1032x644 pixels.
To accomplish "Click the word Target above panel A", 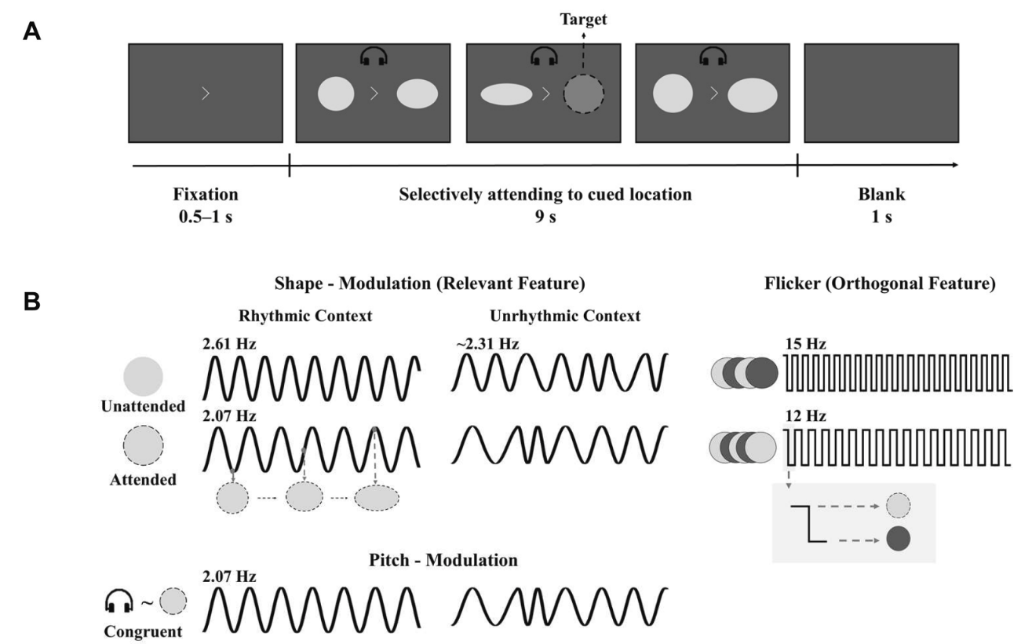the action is click(583, 20).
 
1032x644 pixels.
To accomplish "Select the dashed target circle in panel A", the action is click(583, 94).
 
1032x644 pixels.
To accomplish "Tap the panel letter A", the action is click(32, 32).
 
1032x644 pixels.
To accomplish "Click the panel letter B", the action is click(32, 302).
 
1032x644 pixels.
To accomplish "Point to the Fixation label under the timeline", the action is click(206, 195).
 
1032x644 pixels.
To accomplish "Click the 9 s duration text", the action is click(545, 217).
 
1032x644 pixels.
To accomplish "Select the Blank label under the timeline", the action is click(881, 195).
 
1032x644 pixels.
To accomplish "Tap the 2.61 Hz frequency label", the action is click(229, 344).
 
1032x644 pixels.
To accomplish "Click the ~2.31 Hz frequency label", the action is click(488, 344).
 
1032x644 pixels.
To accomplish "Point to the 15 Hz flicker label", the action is click(806, 344).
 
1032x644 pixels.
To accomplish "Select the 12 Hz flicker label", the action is click(806, 415).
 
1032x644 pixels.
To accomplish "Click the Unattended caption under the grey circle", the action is click(144, 406).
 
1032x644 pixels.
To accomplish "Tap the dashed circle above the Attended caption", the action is click(144, 445).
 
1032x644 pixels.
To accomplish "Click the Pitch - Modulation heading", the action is click(443, 560).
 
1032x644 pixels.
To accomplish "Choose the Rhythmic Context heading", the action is click(305, 317).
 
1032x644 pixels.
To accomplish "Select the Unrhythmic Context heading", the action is click(565, 317).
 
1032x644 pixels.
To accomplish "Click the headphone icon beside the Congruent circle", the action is click(119, 601).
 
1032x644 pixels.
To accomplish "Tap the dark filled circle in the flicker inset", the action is click(898, 539).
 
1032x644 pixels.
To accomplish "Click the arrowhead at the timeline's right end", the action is click(955, 165).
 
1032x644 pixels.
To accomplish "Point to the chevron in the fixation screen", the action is click(206, 93).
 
